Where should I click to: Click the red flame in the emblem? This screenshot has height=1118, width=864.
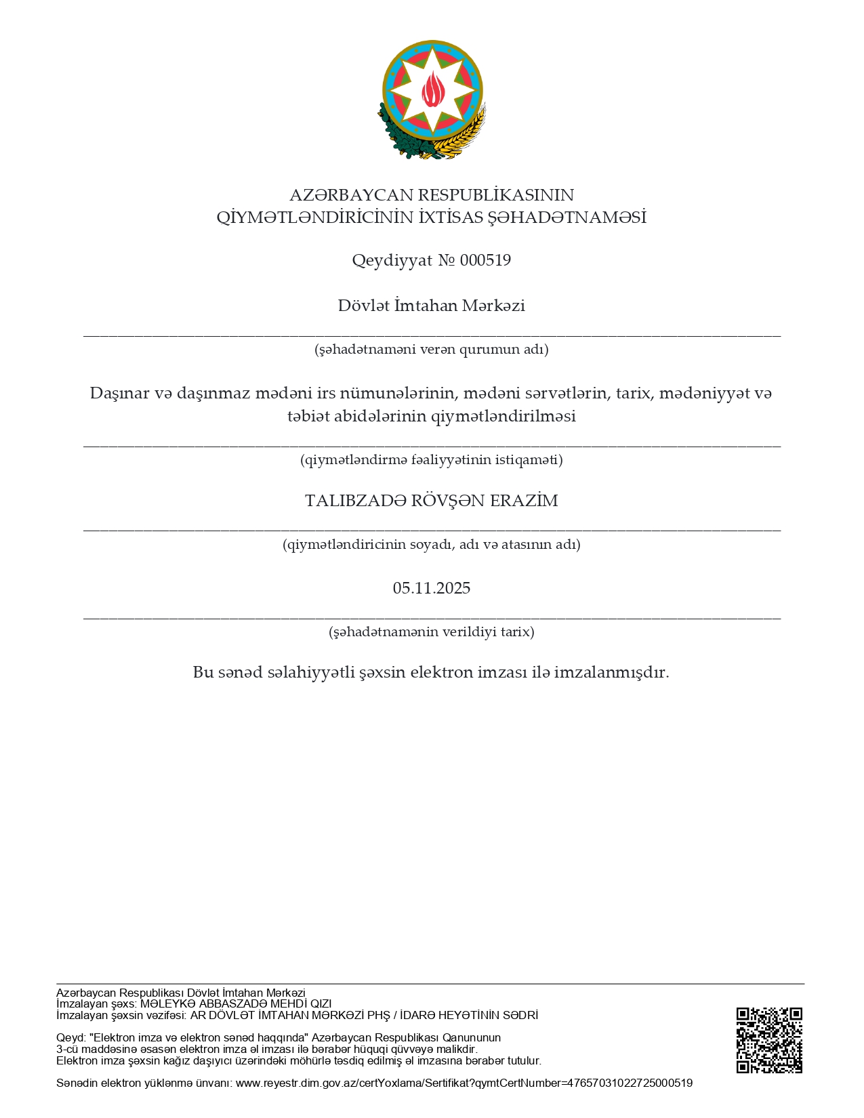coord(432,89)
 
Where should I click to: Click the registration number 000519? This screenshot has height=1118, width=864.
coord(485,260)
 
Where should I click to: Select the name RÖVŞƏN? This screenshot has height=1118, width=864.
coord(448,501)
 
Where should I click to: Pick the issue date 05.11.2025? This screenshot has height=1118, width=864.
coord(432,588)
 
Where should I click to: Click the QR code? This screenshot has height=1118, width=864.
coord(769,1040)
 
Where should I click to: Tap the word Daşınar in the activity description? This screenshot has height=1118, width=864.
coord(120,393)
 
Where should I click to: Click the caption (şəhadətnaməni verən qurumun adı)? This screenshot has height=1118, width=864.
coord(432,350)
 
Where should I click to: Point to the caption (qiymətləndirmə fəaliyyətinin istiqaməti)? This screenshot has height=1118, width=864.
coord(432,460)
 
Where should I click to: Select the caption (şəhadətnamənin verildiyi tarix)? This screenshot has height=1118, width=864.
coord(432,632)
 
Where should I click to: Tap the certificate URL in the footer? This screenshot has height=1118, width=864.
coord(464,1083)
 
